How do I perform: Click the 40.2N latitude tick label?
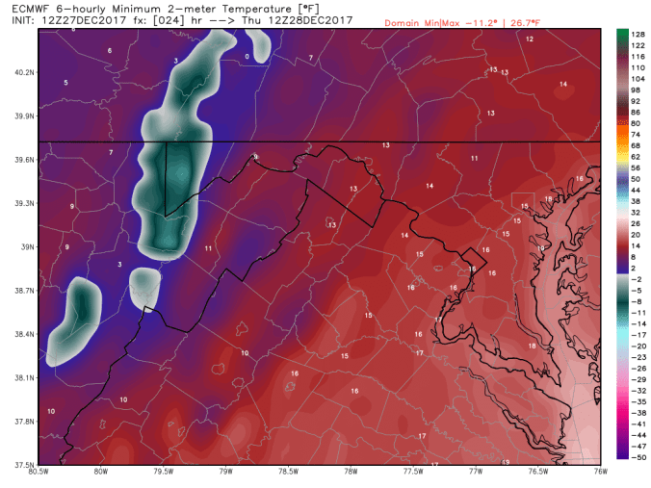click(x=23, y=72)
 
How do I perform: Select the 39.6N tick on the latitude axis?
click(x=23, y=160)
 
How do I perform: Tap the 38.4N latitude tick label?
click(x=23, y=334)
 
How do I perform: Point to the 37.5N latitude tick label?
click(x=23, y=465)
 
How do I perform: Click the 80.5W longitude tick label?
click(x=39, y=473)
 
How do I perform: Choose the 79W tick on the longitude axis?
click(x=225, y=473)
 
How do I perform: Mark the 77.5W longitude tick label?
click(x=413, y=473)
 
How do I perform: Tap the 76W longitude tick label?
click(x=600, y=473)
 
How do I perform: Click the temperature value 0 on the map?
click(x=247, y=57)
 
